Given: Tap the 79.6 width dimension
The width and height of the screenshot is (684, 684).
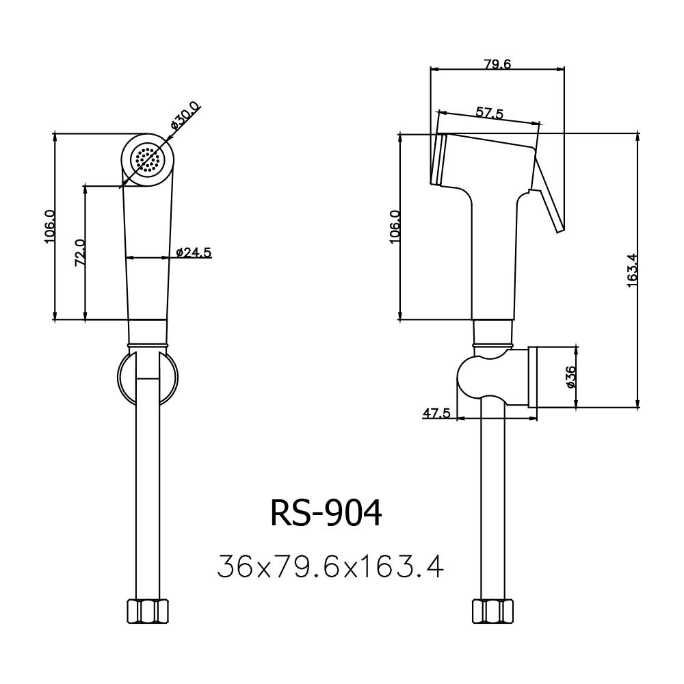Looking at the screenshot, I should [498, 64].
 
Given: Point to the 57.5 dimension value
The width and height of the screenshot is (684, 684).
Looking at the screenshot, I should [489, 114].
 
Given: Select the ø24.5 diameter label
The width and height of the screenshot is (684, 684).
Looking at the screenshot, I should [194, 252].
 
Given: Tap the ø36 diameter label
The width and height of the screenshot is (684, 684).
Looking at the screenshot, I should [571, 377].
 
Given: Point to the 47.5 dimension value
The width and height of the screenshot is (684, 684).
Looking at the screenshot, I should [436, 413].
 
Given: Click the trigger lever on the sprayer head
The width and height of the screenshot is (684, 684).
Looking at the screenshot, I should [549, 198].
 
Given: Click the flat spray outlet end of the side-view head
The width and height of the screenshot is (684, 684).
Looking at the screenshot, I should [438, 159].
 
